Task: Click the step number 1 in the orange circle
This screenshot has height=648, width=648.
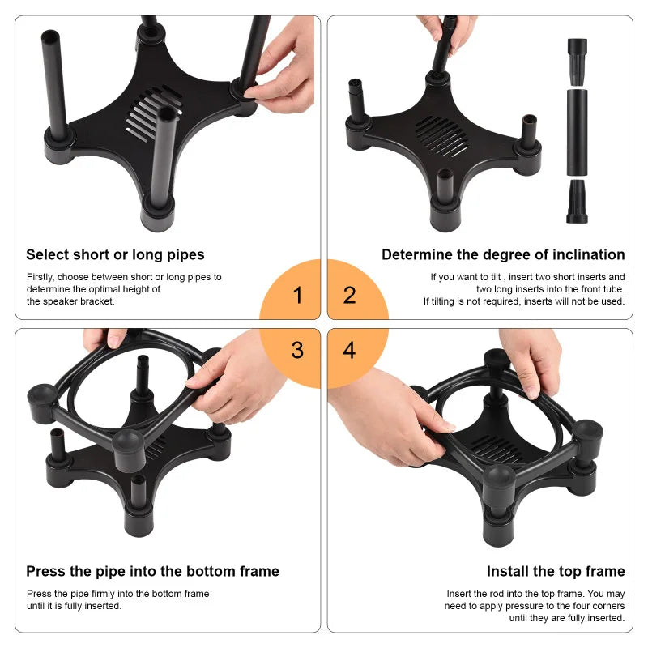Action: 297,295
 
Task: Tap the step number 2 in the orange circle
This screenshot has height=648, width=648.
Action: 349,295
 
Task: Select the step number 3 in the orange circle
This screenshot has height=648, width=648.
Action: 297,351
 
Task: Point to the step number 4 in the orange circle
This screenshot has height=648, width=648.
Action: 349,351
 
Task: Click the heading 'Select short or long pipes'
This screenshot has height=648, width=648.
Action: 115,255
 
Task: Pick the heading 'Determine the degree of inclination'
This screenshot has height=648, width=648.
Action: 503,255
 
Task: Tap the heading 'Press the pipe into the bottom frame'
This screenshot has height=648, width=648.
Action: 152,572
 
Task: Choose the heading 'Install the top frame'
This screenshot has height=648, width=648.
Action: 556,572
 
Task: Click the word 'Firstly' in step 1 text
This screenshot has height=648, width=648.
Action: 42,277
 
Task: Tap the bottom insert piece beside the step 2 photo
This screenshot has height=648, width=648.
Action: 577,201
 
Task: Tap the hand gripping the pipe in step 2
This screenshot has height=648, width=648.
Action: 450,28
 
